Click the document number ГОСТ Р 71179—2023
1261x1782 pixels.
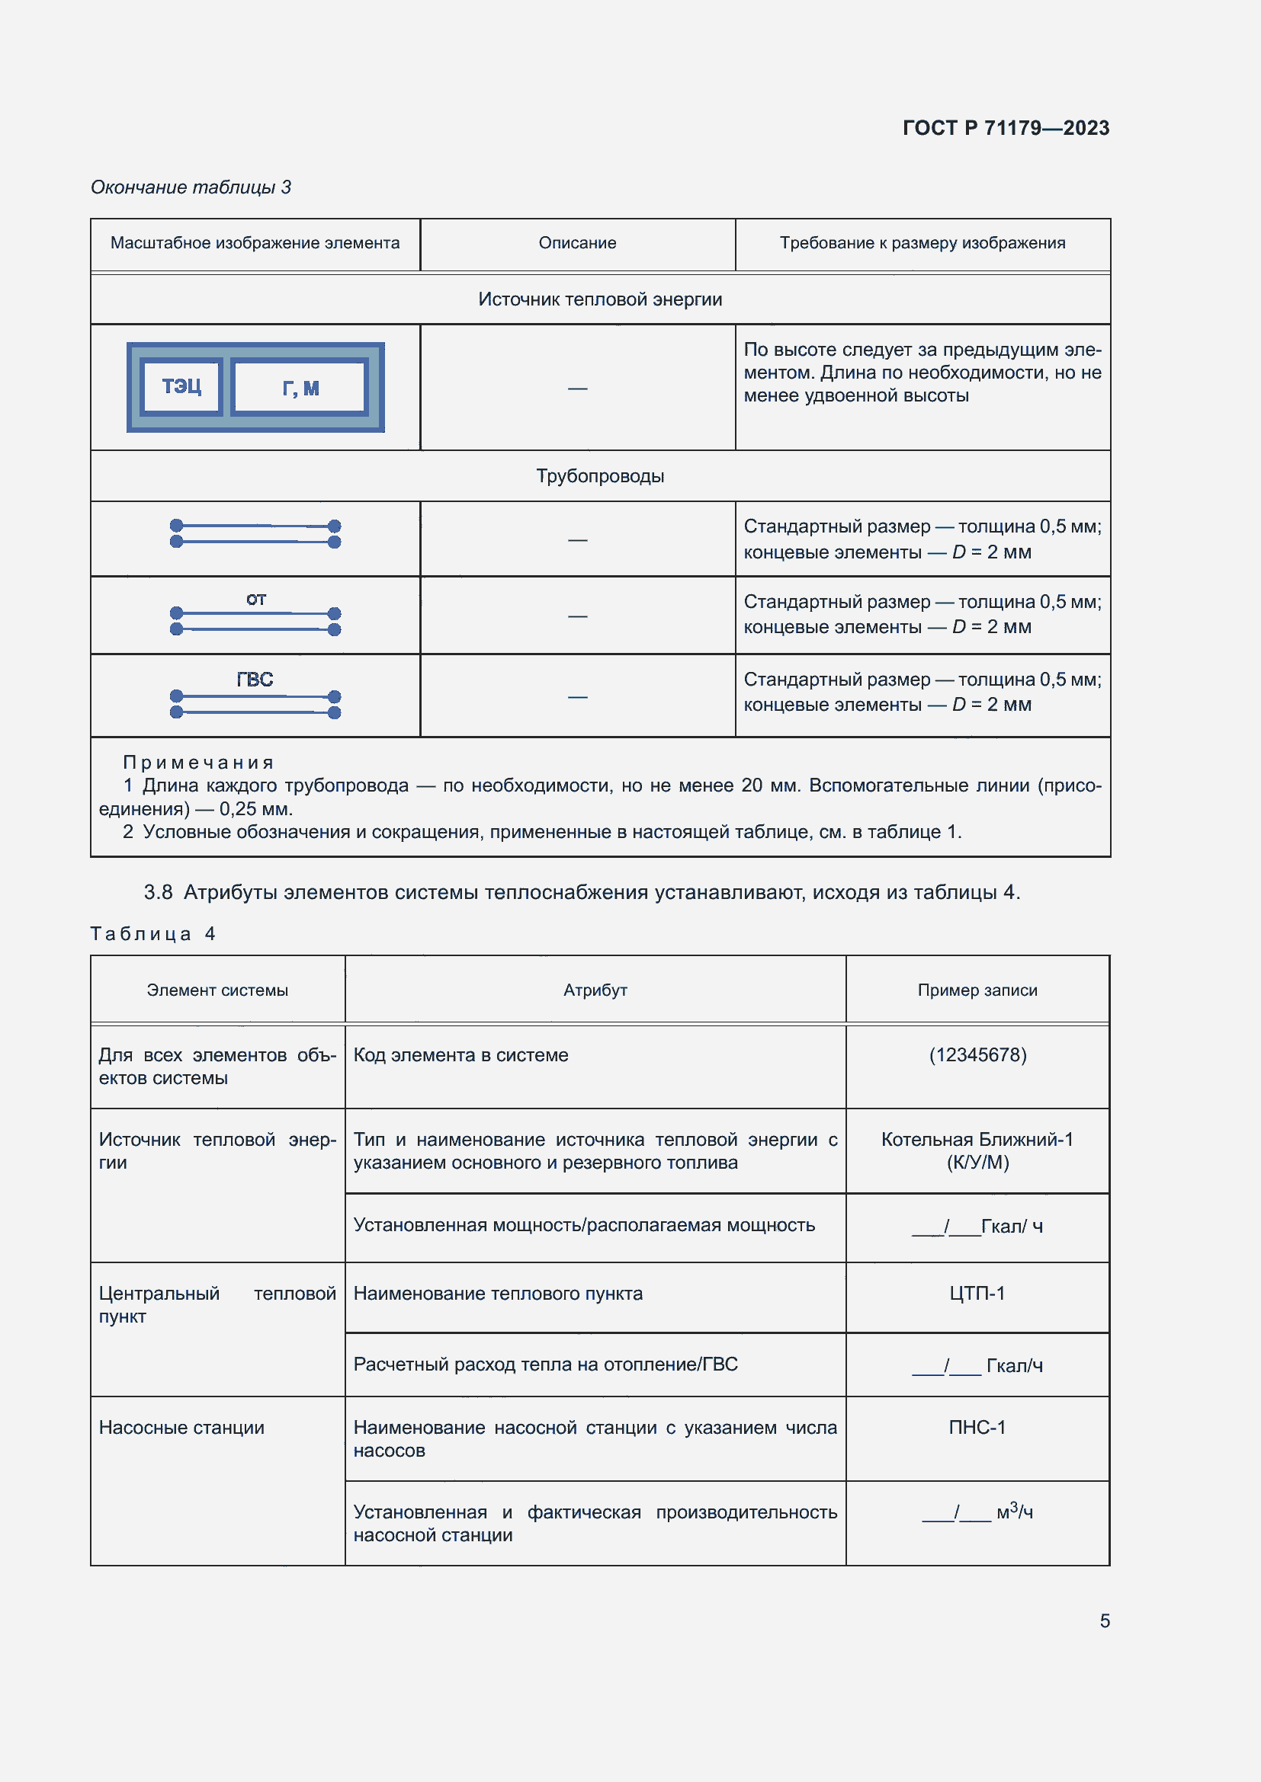[1006, 128]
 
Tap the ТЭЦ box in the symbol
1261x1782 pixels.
[181, 386]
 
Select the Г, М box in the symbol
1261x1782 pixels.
[300, 387]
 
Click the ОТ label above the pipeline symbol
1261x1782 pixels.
[256, 599]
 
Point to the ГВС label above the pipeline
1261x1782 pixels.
[255, 679]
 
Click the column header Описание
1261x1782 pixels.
[577, 243]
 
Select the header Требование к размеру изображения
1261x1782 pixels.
[922, 243]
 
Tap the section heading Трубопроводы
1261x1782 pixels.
[599, 475]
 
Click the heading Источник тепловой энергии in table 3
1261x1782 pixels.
[599, 299]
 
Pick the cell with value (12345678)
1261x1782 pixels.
[977, 1054]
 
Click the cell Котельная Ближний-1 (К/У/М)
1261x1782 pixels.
[977, 1150]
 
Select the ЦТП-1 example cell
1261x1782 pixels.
[977, 1293]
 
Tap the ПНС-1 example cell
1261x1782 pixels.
[977, 1427]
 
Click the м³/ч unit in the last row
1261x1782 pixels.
[1014, 1512]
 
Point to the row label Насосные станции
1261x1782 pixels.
[181, 1427]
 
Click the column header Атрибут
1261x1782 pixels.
[595, 990]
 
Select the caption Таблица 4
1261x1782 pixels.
[153, 934]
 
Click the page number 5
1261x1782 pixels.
[1104, 1620]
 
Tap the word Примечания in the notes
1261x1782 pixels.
[198, 762]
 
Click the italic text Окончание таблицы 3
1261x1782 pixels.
[191, 187]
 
